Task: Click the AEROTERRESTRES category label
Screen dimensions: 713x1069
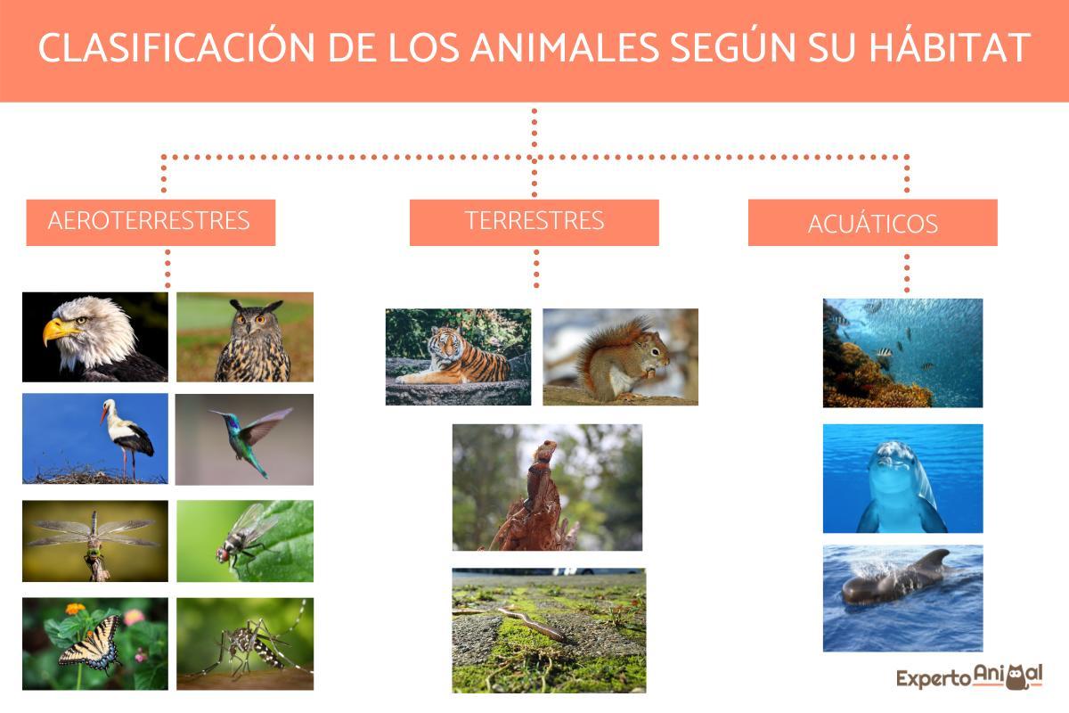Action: coord(150,221)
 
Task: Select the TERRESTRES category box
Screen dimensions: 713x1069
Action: coord(534,221)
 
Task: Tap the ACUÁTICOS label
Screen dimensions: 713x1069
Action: coord(872,223)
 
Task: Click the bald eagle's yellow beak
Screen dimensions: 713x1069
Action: coord(58,332)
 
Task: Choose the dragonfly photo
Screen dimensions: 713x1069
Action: coord(94,540)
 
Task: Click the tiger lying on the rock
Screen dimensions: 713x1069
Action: coord(456,357)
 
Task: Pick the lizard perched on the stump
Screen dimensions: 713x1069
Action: coord(539,481)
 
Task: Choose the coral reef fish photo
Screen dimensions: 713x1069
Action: coord(902,353)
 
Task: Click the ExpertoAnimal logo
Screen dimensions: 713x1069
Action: coord(968,676)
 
